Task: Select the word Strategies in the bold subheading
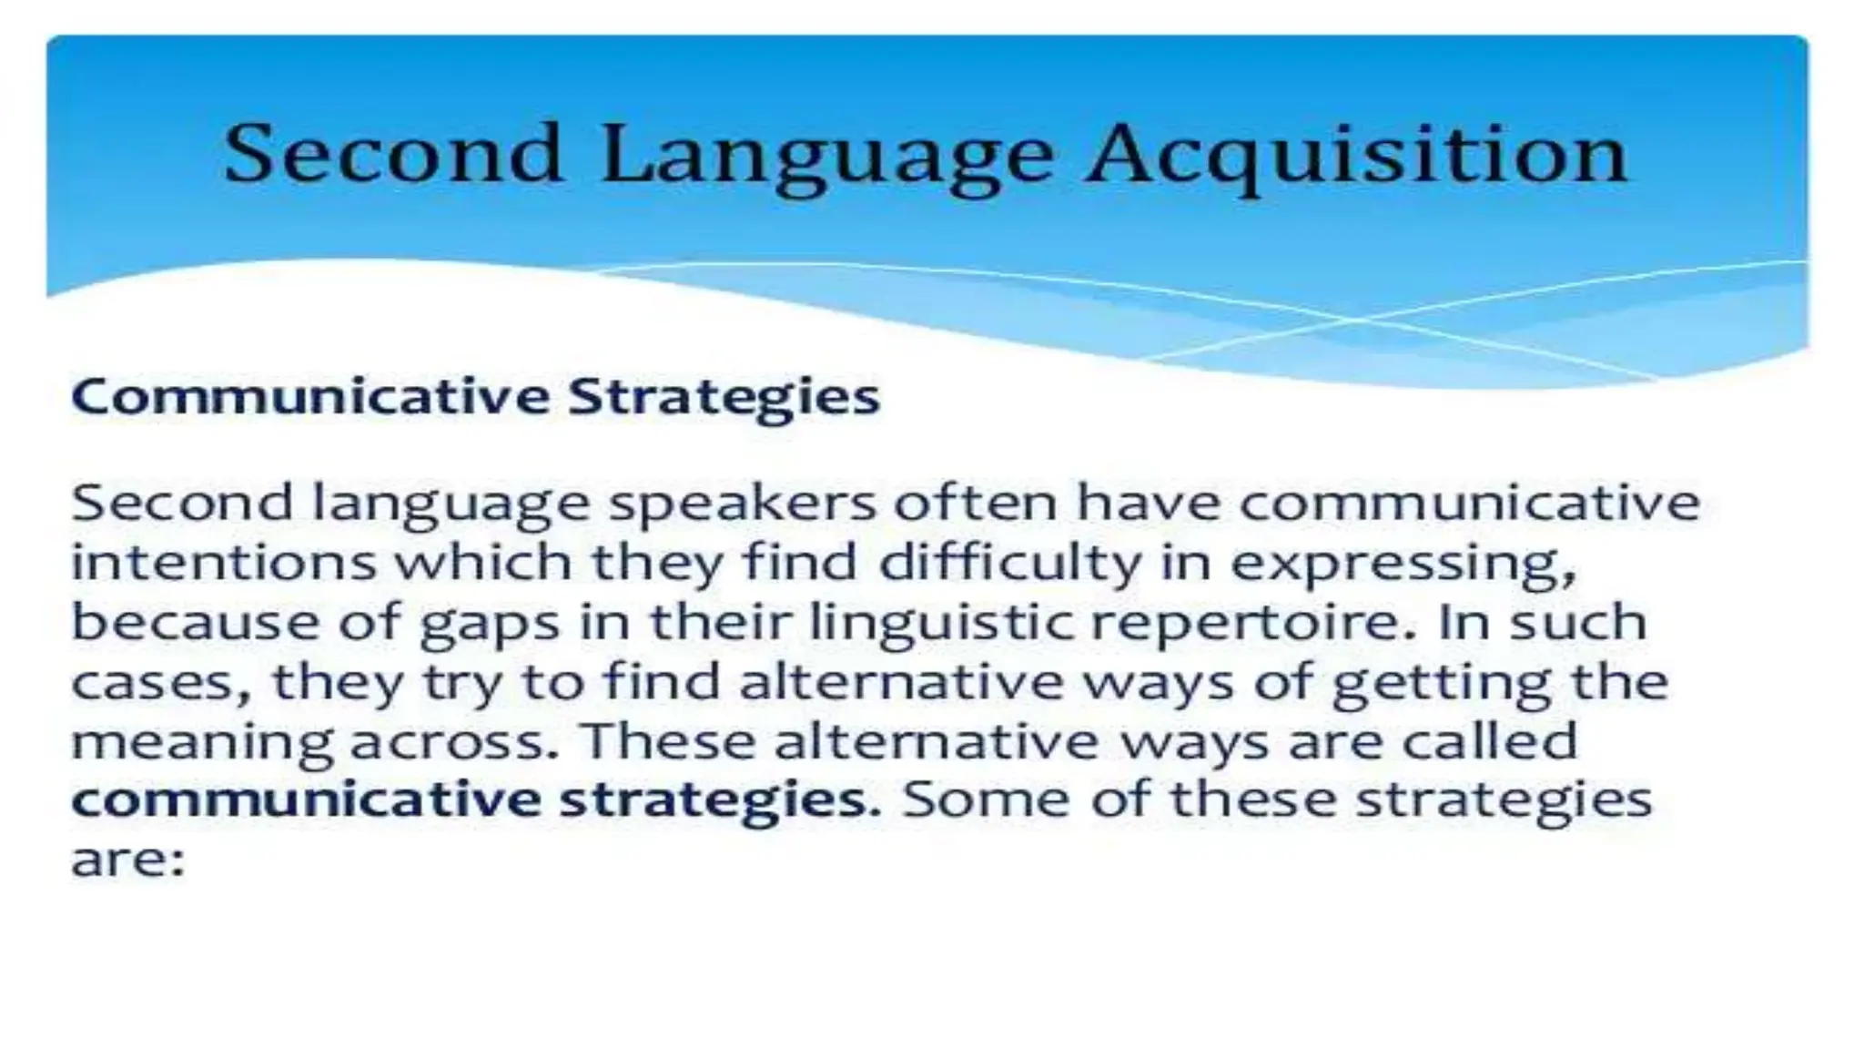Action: tap(724, 397)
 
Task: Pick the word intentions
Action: tap(224, 562)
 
